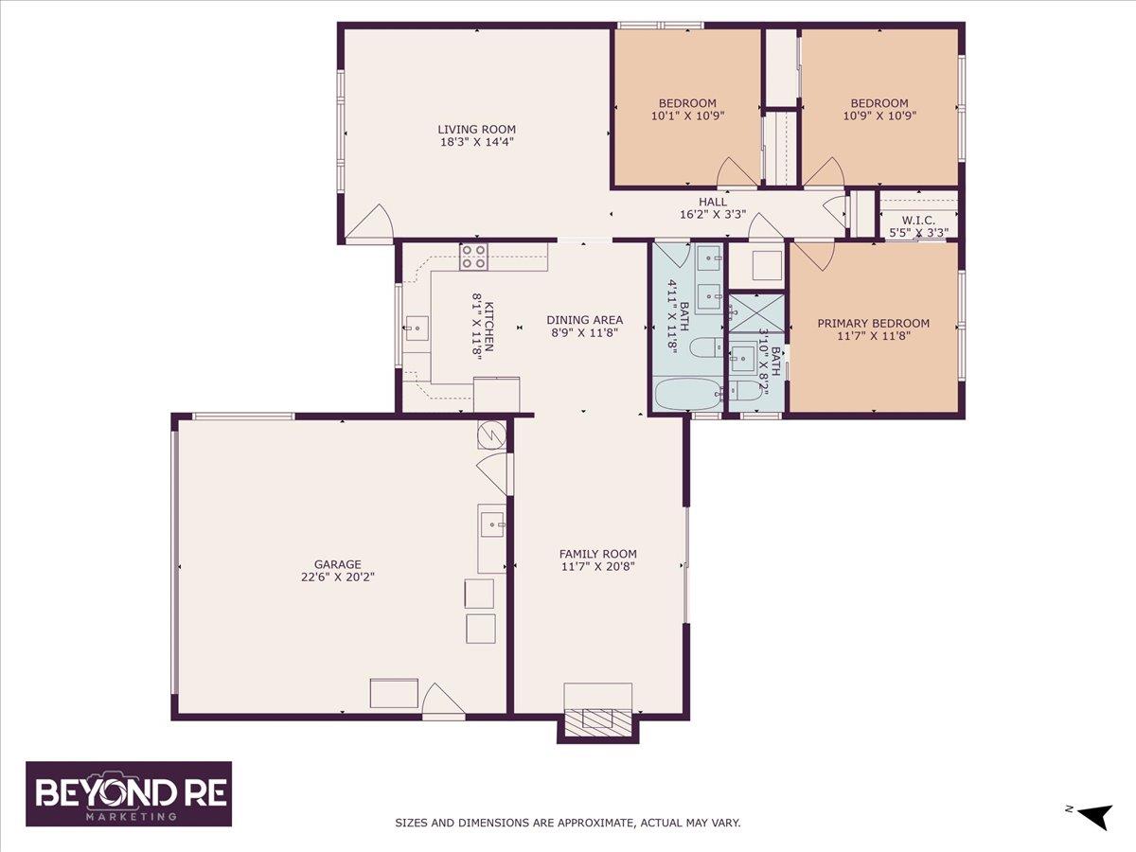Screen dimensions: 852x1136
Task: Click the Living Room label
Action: click(x=475, y=130)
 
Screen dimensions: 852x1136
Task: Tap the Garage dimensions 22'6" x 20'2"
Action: click(x=338, y=576)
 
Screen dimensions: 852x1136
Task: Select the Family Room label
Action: click(x=597, y=554)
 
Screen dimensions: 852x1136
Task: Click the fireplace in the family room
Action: click(x=598, y=720)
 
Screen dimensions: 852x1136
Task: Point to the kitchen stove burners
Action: click(x=473, y=257)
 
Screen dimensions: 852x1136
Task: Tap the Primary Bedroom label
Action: click(x=873, y=323)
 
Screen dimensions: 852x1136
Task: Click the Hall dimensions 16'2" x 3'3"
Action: click(x=713, y=214)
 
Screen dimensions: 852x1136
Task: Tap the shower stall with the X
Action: click(x=755, y=312)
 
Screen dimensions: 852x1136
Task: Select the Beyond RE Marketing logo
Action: click(x=129, y=794)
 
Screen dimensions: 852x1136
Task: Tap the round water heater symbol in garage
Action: click(x=492, y=435)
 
